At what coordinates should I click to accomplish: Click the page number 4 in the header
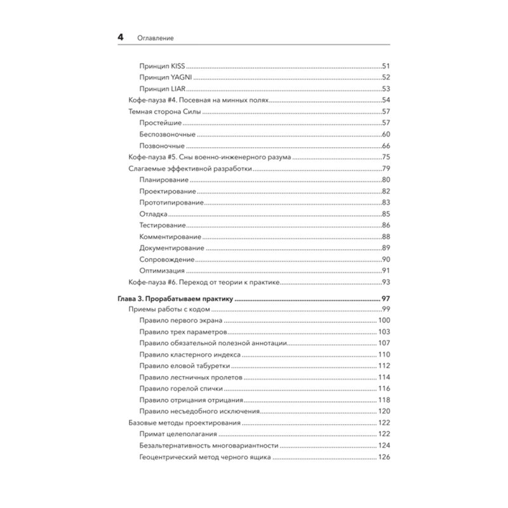click(x=121, y=37)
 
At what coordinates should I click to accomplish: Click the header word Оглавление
click(x=156, y=38)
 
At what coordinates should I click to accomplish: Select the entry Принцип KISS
click(x=161, y=66)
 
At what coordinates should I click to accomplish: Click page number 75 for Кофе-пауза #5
click(x=385, y=157)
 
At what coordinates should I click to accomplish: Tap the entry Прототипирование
click(x=171, y=203)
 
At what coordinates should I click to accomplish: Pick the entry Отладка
click(x=153, y=214)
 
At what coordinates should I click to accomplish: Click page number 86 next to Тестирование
click(x=385, y=225)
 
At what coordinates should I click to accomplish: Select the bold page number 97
click(x=384, y=297)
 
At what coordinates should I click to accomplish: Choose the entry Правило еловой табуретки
click(x=184, y=366)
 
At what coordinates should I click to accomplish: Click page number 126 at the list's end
click(x=383, y=457)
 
